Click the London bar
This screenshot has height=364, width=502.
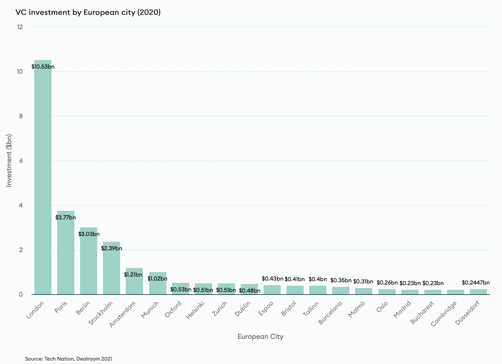pos(43,177)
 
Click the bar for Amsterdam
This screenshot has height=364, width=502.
pos(134,284)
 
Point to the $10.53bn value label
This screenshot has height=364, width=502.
pos(43,67)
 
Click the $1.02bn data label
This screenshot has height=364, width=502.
pos(157,279)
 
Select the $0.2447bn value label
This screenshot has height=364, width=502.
pos(476,283)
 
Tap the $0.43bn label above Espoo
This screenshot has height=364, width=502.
pos(272,279)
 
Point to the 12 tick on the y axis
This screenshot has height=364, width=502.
pos(20,27)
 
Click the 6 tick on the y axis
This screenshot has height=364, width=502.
pos(21,161)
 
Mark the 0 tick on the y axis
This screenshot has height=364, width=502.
pos(21,294)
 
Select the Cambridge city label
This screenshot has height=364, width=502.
pos(444,313)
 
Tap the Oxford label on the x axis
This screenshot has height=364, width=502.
pos(173,309)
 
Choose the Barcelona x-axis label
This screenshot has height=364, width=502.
pos(330,313)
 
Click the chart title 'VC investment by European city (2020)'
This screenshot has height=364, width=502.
pos(88,13)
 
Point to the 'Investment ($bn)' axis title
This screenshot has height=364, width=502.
pos(9,161)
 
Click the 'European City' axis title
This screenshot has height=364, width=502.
pos(260,337)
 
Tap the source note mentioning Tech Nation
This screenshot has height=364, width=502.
pos(69,359)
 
